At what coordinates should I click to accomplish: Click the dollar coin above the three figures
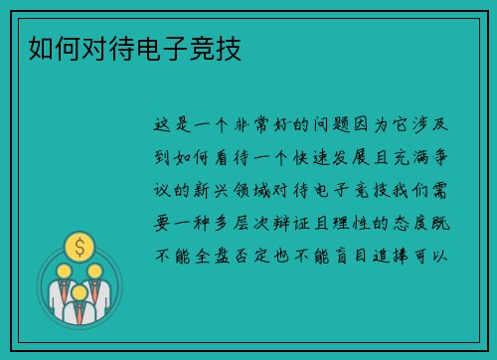(81, 245)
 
